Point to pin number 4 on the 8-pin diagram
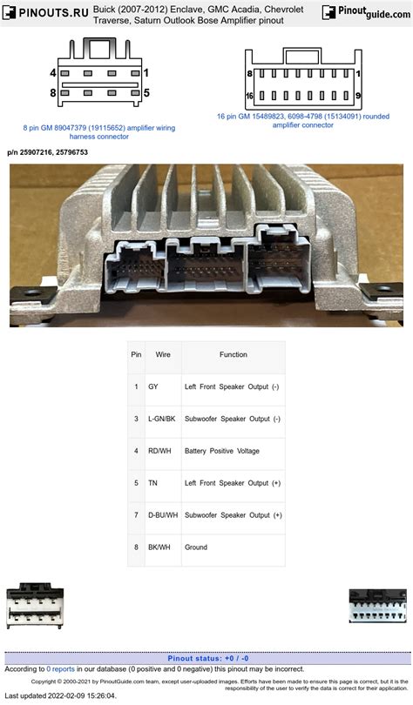(52, 73)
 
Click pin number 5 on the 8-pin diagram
(146, 92)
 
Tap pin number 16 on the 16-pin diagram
(249, 97)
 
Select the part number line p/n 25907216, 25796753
(47, 152)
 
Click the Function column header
(233, 355)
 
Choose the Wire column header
(163, 355)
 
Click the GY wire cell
(153, 386)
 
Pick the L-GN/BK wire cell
(162, 419)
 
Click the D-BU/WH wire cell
(163, 515)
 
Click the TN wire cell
(153, 483)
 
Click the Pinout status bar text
(206, 658)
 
